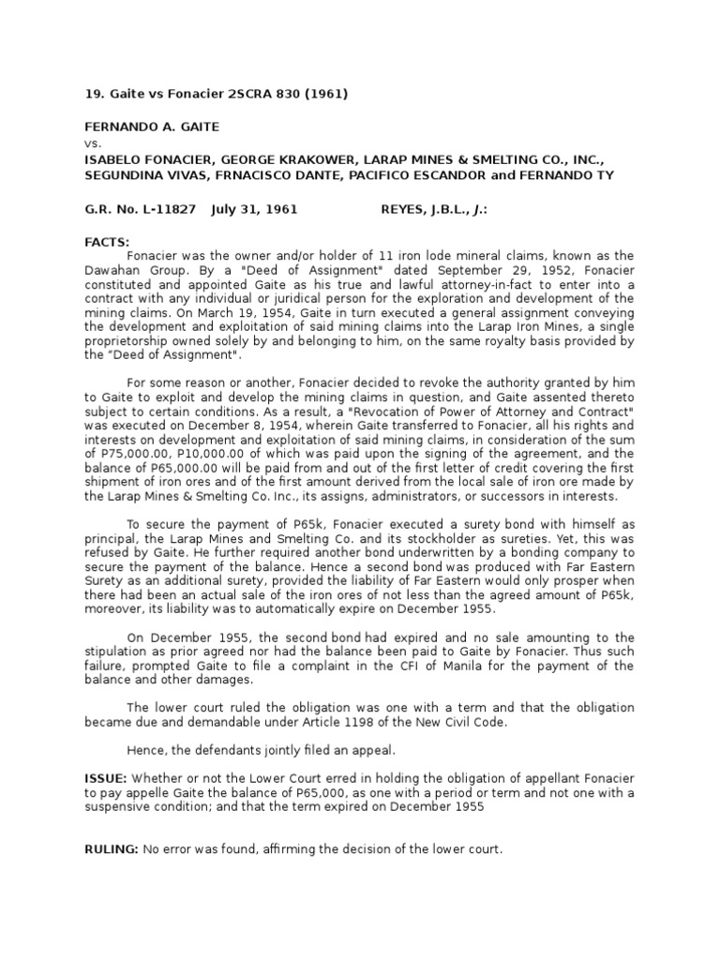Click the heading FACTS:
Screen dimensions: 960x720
(x=107, y=242)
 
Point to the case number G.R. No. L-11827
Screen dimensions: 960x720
(x=140, y=209)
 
